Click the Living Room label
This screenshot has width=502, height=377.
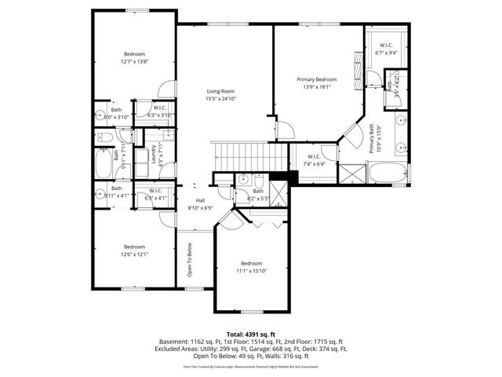[x=220, y=90]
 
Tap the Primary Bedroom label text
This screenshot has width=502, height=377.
[x=317, y=79]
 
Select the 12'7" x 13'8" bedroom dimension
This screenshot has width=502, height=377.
[x=134, y=61]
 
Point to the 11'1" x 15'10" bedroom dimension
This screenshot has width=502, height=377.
[x=251, y=270]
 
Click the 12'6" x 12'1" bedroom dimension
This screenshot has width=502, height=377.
[x=134, y=254]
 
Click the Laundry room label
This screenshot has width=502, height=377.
[x=154, y=148]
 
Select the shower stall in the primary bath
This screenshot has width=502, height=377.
[x=352, y=171]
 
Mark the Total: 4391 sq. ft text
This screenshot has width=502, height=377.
[x=251, y=335]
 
